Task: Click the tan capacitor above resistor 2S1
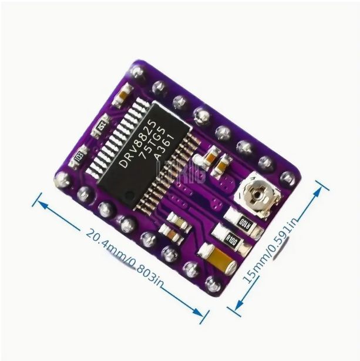pyautogui.click(x=123, y=91)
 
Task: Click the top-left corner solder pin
pyautogui.click(x=137, y=72)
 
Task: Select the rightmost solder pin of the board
pyautogui.click(x=289, y=178)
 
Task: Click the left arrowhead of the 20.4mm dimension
pyautogui.click(x=40, y=200)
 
